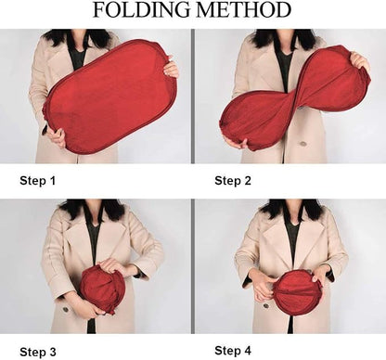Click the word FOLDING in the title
(x=142, y=10)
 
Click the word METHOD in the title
(x=243, y=10)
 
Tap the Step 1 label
(x=38, y=181)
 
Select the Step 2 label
(x=233, y=181)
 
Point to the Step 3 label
(x=38, y=352)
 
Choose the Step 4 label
(x=233, y=351)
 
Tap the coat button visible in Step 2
(x=303, y=144)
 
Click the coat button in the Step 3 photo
(x=65, y=309)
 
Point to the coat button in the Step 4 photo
(x=265, y=306)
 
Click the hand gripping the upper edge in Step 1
(x=171, y=69)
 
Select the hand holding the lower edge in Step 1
(x=56, y=136)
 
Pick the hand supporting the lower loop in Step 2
(x=236, y=143)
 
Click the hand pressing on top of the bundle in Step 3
(x=113, y=266)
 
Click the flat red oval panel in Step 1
(x=109, y=96)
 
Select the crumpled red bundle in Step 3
(x=103, y=289)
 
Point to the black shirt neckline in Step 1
(x=77, y=58)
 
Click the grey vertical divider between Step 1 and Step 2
(x=193, y=96)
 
